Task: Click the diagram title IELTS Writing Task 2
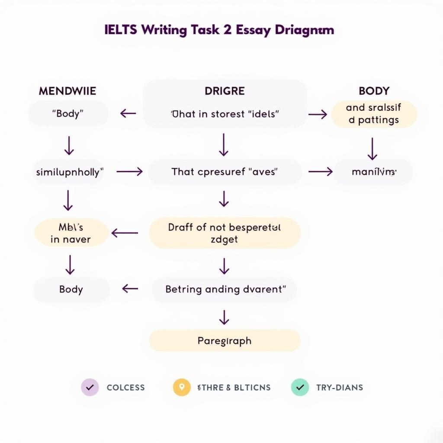pyautogui.click(x=219, y=30)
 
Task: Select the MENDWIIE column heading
pyautogui.click(x=67, y=91)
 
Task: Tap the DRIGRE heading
pyautogui.click(x=225, y=91)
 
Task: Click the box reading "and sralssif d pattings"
pyautogui.click(x=374, y=114)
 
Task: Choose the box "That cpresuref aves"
pyautogui.click(x=225, y=172)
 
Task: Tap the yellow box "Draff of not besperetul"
pyautogui.click(x=225, y=233)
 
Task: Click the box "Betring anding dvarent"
pyautogui.click(x=225, y=289)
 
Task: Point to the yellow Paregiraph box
pyautogui.click(x=225, y=340)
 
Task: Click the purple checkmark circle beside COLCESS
pyautogui.click(x=90, y=387)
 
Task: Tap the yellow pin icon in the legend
pyautogui.click(x=182, y=387)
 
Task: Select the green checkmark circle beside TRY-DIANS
pyautogui.click(x=300, y=387)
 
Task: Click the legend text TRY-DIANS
pyautogui.click(x=339, y=387)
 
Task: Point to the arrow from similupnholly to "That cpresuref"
pyautogui.click(x=129, y=172)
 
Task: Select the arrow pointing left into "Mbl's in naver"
pyautogui.click(x=125, y=233)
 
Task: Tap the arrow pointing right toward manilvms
pyautogui.click(x=321, y=172)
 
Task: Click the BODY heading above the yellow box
pyautogui.click(x=374, y=91)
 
